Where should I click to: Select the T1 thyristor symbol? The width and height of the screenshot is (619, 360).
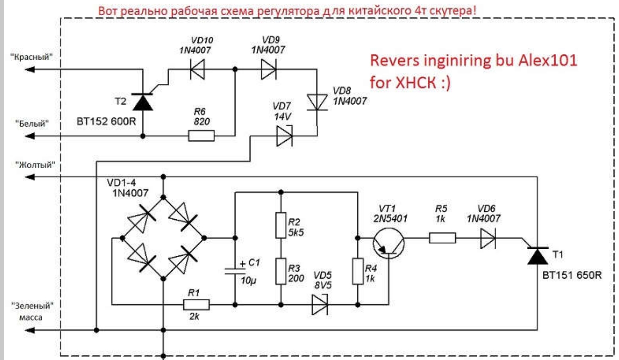click(536, 255)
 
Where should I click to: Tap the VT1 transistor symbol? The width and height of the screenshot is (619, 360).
click(388, 243)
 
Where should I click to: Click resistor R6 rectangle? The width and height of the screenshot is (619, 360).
click(201, 136)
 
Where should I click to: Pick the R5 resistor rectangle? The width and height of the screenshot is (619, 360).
click(442, 238)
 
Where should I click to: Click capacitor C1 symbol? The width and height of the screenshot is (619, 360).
click(235, 271)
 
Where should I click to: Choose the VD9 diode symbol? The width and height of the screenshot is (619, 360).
click(268, 69)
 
